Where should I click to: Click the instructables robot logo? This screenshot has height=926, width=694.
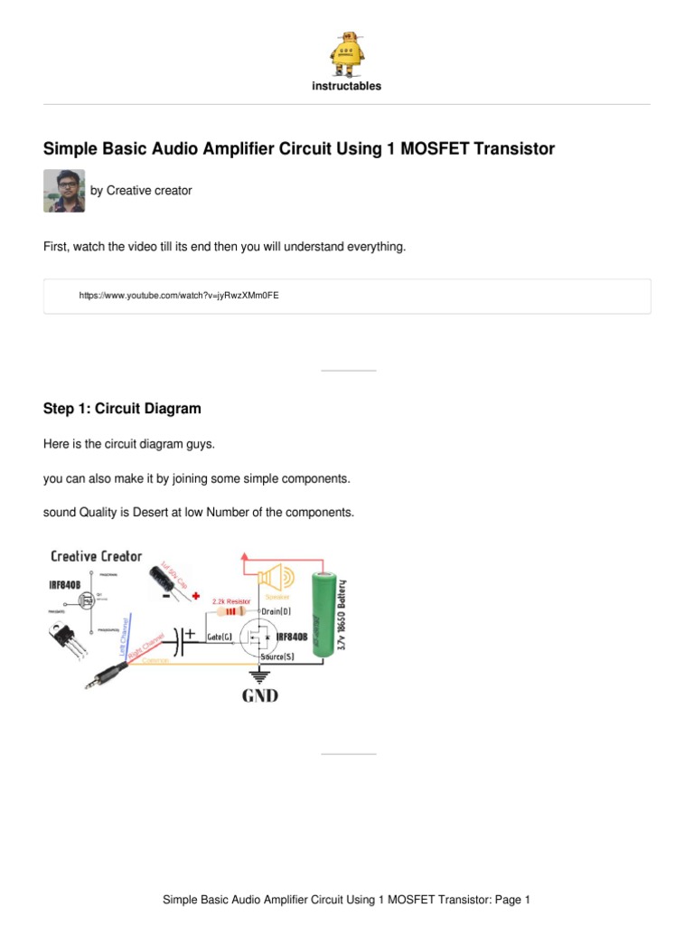coord(347,52)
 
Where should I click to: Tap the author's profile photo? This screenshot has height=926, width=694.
coord(64,191)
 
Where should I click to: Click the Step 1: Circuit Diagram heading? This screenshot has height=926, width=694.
coord(122,409)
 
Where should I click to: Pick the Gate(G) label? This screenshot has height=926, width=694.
coord(220,637)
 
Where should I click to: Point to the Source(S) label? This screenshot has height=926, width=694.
coord(277,657)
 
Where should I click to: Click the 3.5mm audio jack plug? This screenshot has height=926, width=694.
coord(107,672)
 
